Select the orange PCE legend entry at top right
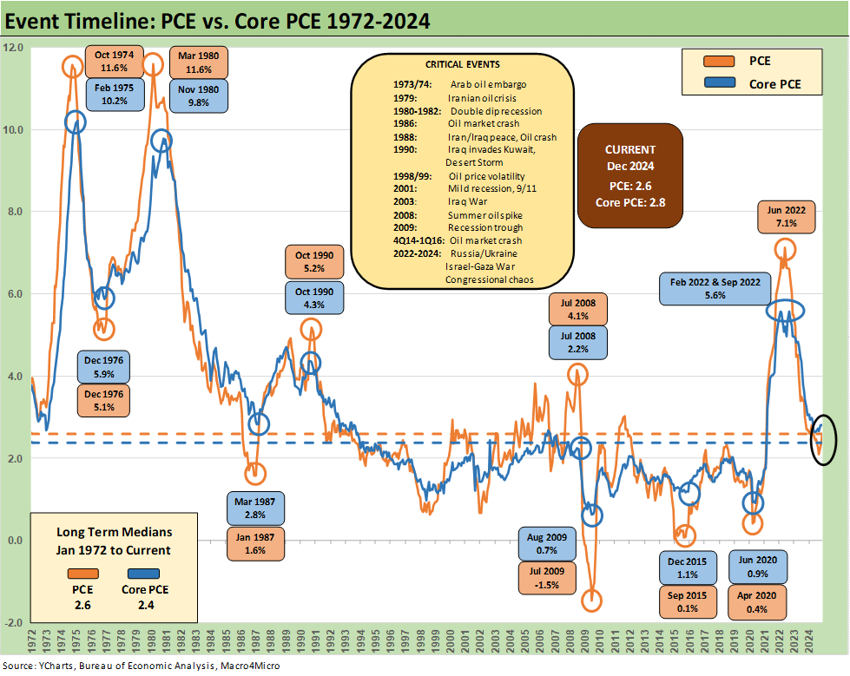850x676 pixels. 754,62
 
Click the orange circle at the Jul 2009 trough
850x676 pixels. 593,600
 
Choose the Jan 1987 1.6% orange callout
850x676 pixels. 254,543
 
